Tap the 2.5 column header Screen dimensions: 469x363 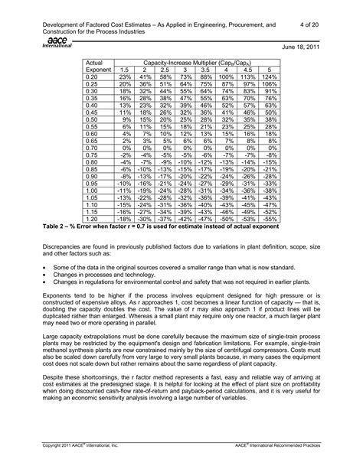pos(165,70)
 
